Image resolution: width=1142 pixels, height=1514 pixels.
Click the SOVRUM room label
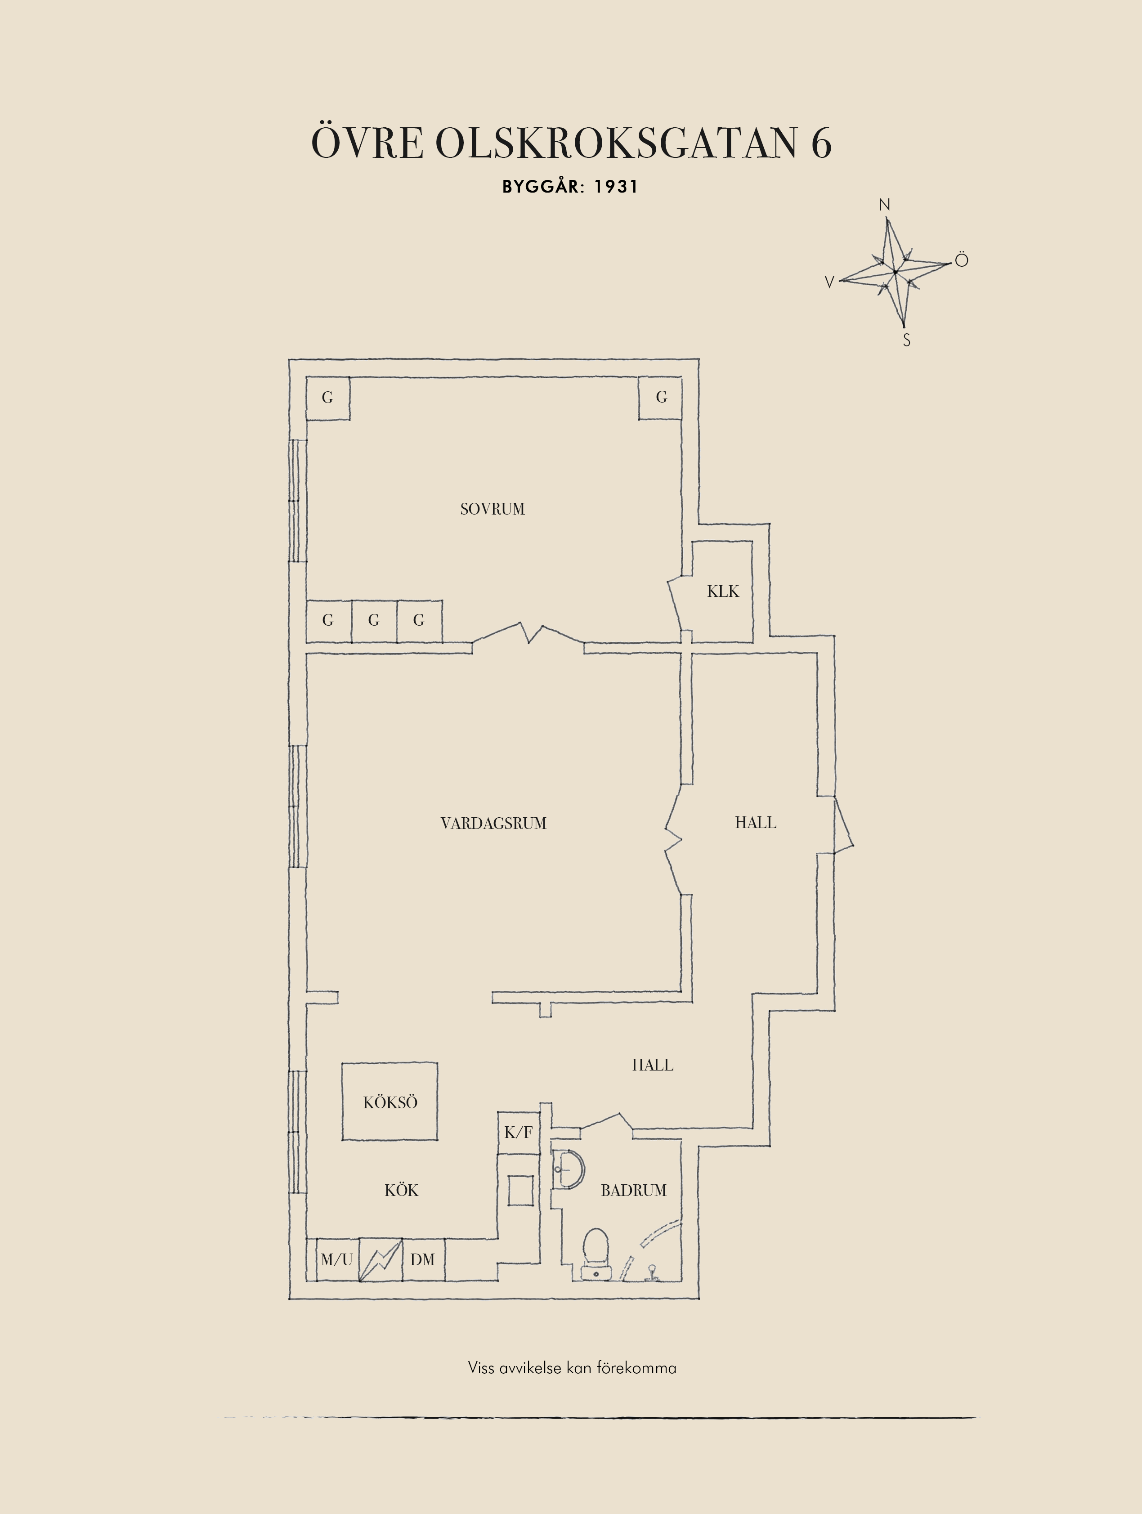tap(492, 509)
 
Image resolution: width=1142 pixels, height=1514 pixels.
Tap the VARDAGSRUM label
tap(493, 824)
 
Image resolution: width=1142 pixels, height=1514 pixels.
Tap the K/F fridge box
tap(518, 1133)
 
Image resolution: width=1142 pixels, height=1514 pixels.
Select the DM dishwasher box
tap(423, 1259)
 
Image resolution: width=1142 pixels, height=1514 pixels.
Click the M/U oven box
tap(337, 1259)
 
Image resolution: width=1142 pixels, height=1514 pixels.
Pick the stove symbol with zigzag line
tap(381, 1259)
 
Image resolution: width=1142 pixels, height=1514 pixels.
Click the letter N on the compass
tap(884, 205)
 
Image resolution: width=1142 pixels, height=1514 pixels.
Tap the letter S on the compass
tap(907, 340)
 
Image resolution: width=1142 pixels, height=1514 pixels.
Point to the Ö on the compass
tap(961, 260)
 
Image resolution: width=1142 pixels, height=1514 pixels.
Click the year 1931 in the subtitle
tap(616, 187)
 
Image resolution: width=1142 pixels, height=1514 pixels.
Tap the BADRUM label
tap(634, 1190)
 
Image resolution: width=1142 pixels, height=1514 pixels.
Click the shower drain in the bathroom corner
tap(652, 1272)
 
